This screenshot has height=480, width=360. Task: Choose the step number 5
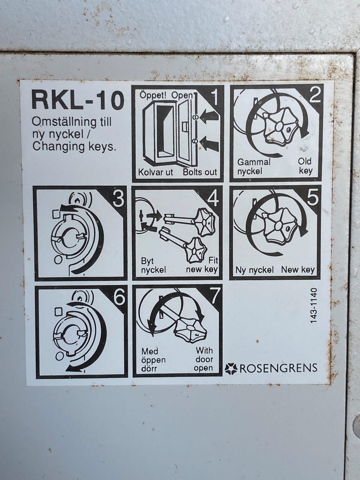[x=313, y=197]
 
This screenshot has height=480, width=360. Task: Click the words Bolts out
[x=200, y=172]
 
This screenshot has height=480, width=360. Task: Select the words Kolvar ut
[x=155, y=172]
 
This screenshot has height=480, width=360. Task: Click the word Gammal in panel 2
[x=254, y=162]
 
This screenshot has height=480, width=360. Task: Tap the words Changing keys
[x=74, y=147]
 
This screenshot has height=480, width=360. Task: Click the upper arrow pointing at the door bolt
[x=209, y=116]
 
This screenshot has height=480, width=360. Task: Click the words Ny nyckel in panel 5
[x=254, y=270]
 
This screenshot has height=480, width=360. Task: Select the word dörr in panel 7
[x=149, y=369]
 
